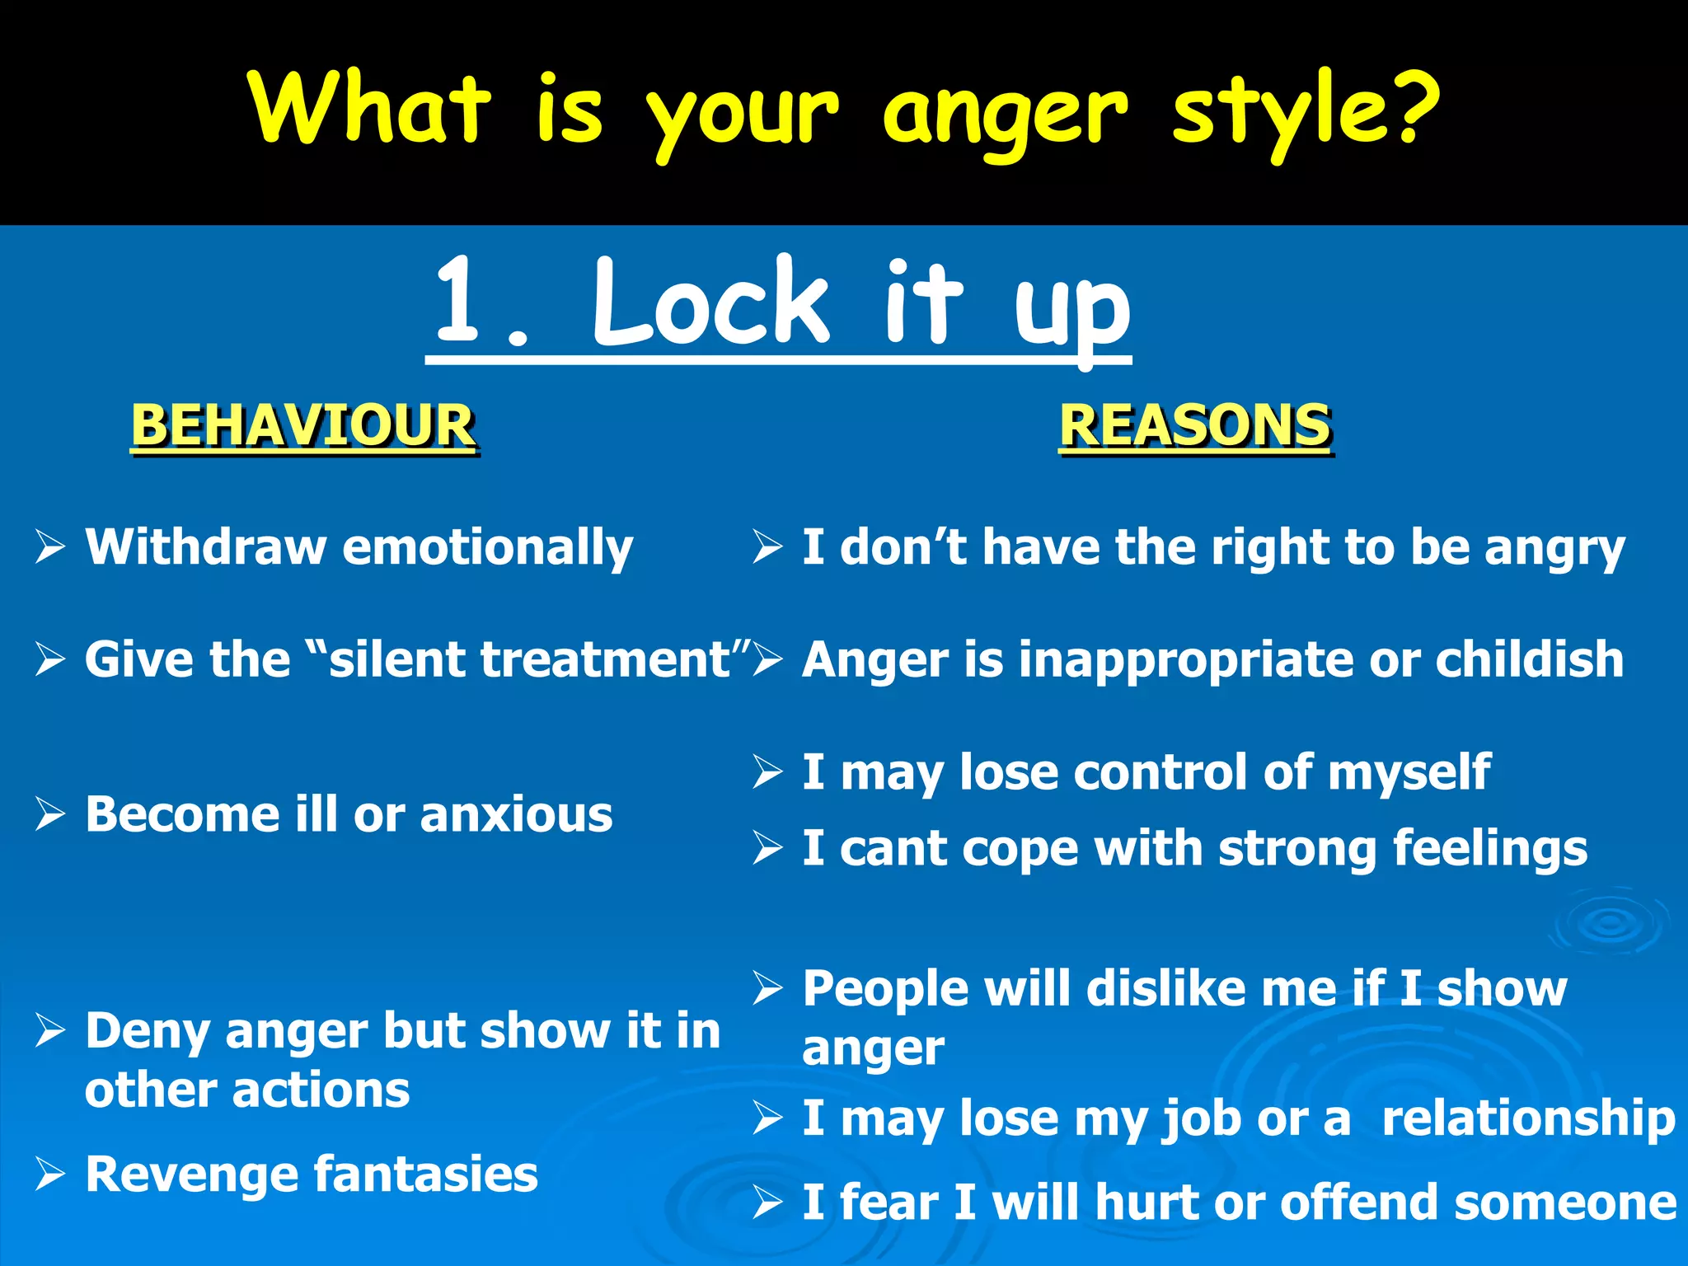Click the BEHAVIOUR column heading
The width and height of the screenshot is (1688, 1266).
303,425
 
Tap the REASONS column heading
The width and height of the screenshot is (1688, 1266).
1194,425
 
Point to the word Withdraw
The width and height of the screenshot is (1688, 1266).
206,546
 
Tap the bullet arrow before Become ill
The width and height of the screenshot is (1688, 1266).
50,815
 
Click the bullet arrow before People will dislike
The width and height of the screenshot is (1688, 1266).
767,987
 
